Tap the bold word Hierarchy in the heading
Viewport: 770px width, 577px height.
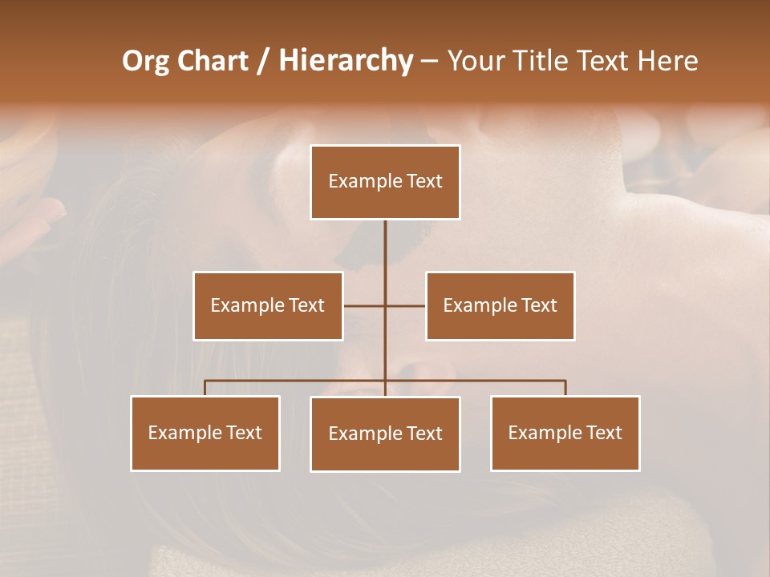pyautogui.click(x=346, y=61)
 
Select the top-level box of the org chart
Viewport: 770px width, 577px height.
pyautogui.click(x=385, y=182)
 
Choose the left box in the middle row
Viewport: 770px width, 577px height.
pyautogui.click(x=268, y=306)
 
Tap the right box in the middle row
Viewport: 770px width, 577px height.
pyautogui.click(x=500, y=306)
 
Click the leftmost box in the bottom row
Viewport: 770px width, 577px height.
pyautogui.click(x=205, y=434)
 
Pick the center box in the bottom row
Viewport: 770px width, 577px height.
pyautogui.click(x=385, y=434)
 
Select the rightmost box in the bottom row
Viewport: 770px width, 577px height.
pyautogui.click(x=565, y=434)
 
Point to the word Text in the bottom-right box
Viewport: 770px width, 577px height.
pyautogui.click(x=604, y=433)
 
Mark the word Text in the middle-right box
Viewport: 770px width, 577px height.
pyautogui.click(x=539, y=305)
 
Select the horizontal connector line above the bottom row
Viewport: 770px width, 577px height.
pyautogui.click(x=297, y=381)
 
